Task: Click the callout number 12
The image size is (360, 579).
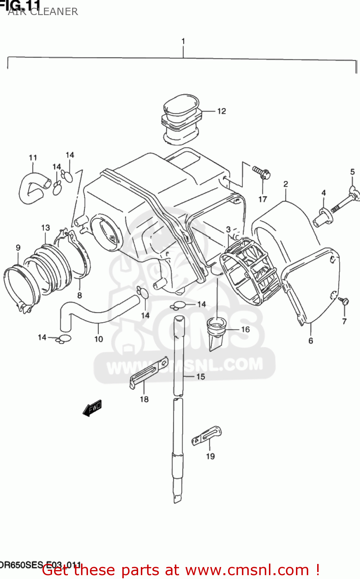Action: pyautogui.click(x=221, y=111)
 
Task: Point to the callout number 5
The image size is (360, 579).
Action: pyautogui.click(x=352, y=172)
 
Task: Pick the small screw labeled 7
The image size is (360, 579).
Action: pyautogui.click(x=343, y=301)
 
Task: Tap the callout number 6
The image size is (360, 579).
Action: pyautogui.click(x=311, y=341)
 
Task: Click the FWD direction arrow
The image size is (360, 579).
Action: pyautogui.click(x=92, y=408)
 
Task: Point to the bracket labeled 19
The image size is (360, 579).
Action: pyautogui.click(x=207, y=435)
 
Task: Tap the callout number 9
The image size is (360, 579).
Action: pyautogui.click(x=18, y=247)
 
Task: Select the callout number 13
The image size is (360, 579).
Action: pyautogui.click(x=46, y=228)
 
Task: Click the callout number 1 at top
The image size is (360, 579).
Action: pyautogui.click(x=183, y=41)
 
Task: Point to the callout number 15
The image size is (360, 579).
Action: pyautogui.click(x=201, y=376)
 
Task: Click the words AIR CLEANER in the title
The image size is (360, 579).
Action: pyautogui.click(x=43, y=12)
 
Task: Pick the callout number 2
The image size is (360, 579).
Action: pyautogui.click(x=286, y=184)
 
